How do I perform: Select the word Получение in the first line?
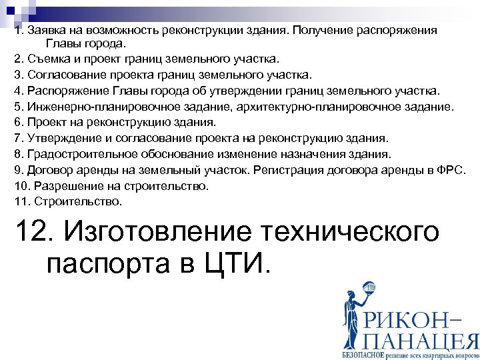tap(318, 31)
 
